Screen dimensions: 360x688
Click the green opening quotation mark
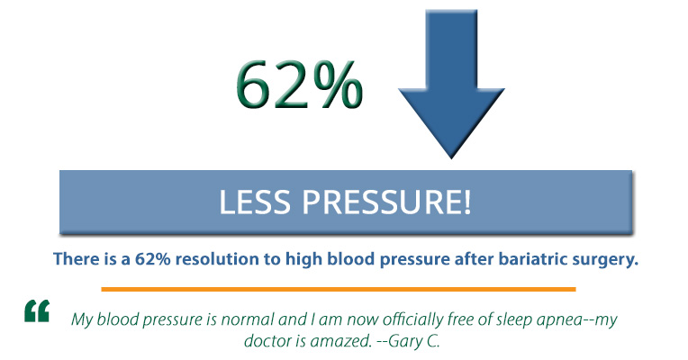(37, 312)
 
